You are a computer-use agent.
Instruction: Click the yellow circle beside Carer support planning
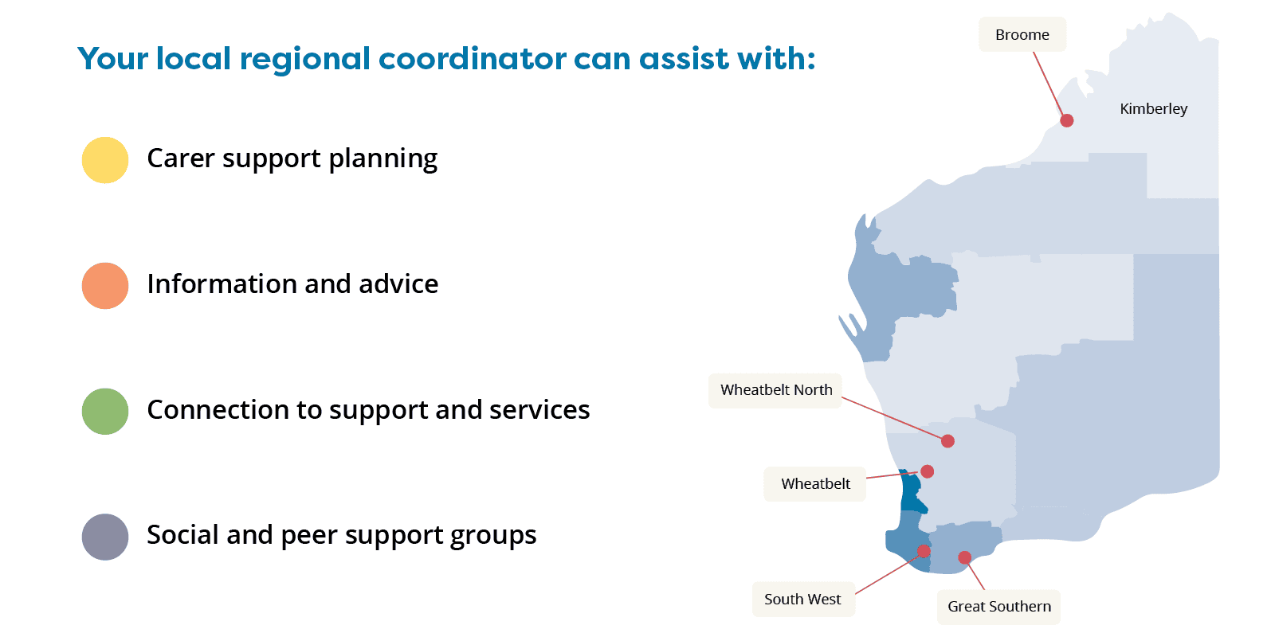pos(105,160)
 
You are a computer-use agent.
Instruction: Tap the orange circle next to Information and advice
pos(105,286)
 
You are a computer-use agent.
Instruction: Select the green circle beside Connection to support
pos(105,411)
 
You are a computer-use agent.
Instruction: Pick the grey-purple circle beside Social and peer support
pos(105,537)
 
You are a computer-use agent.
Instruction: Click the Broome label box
pos(1022,35)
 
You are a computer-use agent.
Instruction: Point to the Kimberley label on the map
pos(1153,108)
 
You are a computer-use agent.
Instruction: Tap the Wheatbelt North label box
pos(775,390)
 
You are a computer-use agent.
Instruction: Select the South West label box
pos(803,600)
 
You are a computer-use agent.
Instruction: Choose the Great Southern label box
pos(999,607)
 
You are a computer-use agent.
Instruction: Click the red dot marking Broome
pos(1067,120)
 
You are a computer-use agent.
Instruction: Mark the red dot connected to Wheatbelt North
pos(947,441)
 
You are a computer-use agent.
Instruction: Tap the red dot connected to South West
pos(924,551)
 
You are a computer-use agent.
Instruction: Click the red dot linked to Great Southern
pos(965,557)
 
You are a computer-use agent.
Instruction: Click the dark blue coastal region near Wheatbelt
pos(912,493)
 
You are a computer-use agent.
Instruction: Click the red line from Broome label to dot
pos(1049,84)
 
